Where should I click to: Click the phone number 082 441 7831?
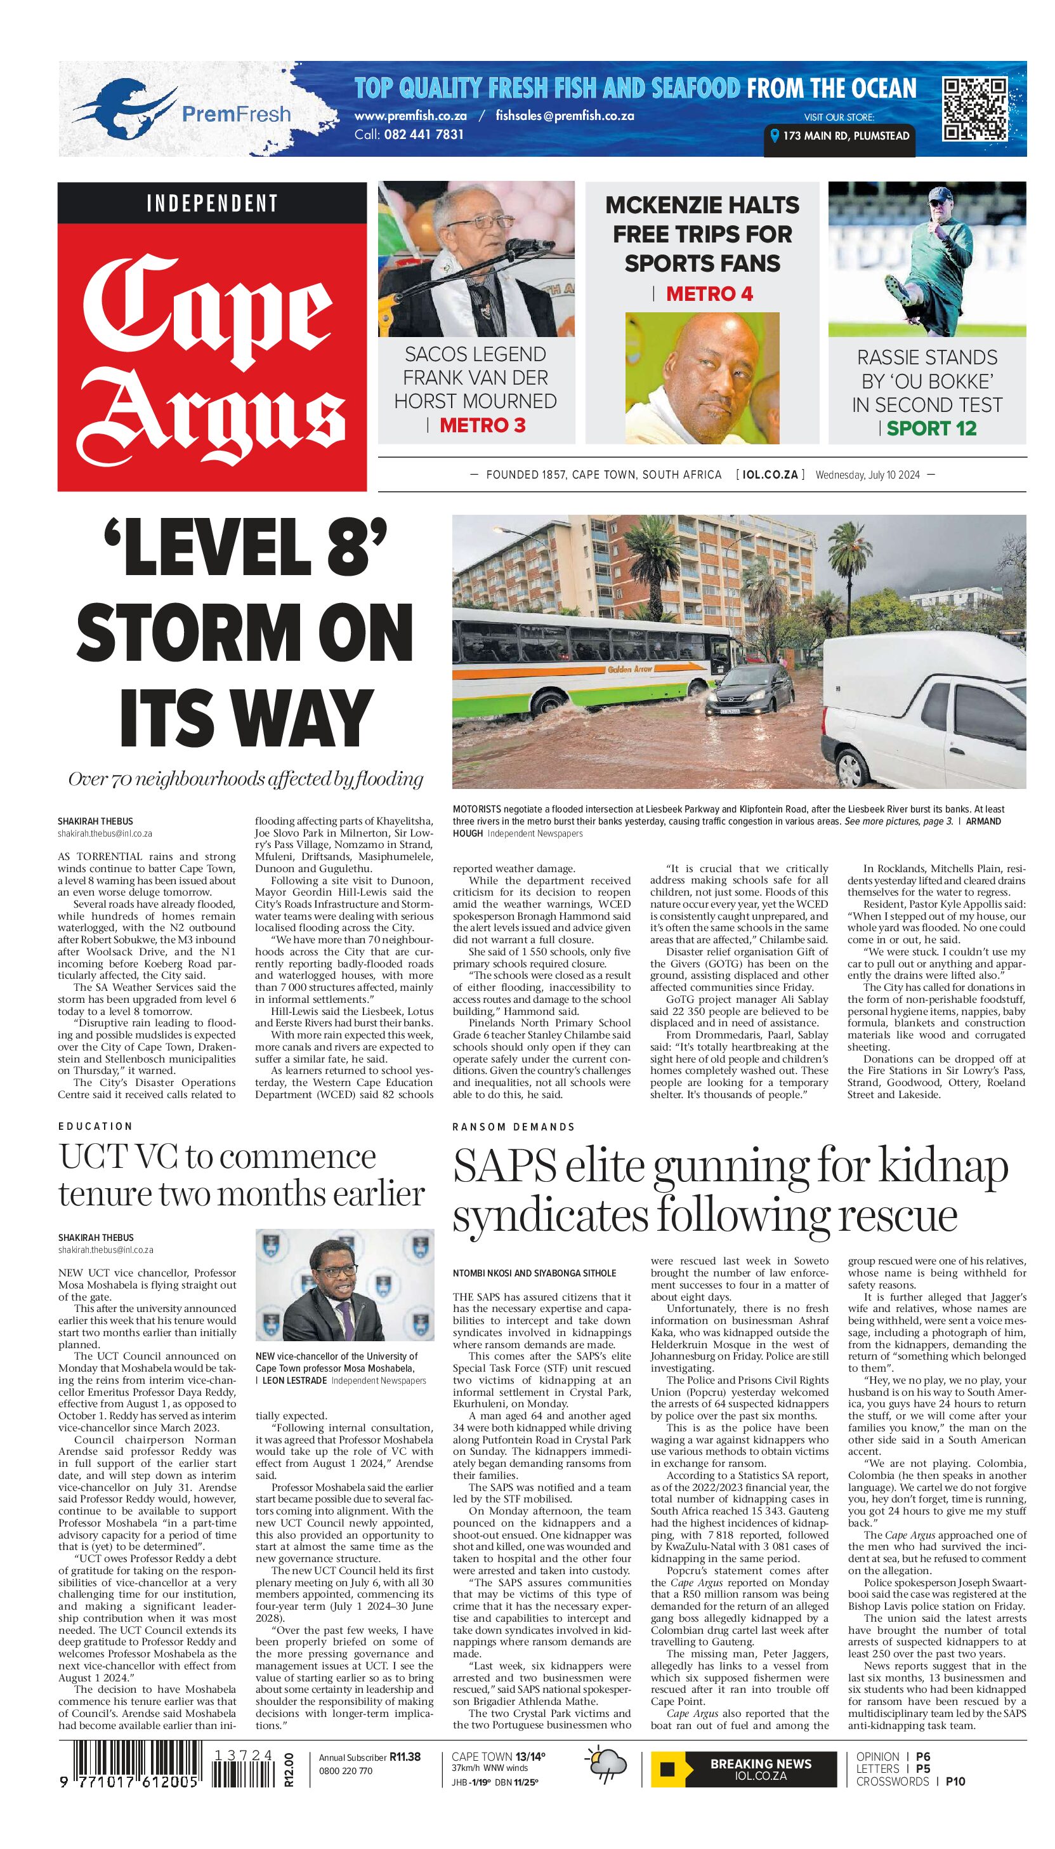coord(409,134)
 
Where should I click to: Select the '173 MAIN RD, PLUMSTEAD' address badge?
coord(839,136)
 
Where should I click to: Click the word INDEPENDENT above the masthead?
coord(213,203)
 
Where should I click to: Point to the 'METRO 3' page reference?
coord(482,425)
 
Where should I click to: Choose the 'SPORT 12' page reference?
coord(931,428)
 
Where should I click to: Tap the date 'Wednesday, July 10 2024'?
coord(867,475)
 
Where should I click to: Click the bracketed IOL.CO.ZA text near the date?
coord(770,475)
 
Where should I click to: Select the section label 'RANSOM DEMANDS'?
coord(513,1127)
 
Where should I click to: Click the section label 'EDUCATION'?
coord(96,1127)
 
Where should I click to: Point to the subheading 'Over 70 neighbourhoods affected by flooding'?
coord(245,779)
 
